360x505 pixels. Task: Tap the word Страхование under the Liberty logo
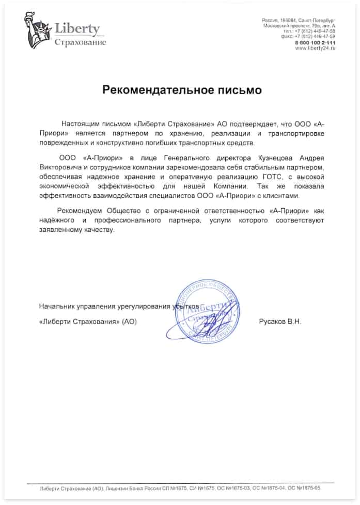pyautogui.click(x=80, y=42)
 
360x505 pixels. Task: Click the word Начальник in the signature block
pyautogui.click(x=56, y=306)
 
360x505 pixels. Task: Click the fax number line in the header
pyautogui.click(x=315, y=36)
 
